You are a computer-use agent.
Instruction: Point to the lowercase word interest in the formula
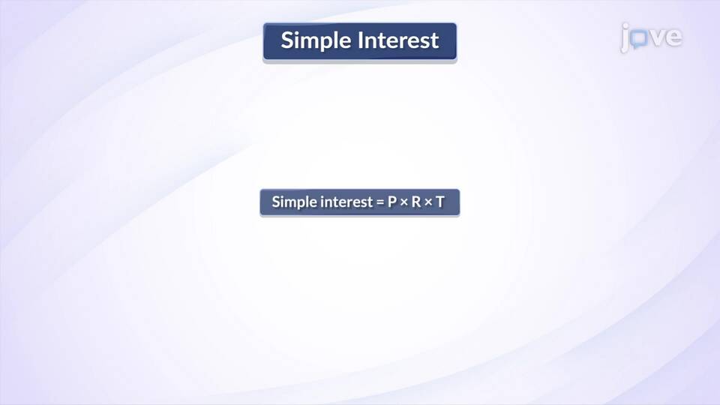346,202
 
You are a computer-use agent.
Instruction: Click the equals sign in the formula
379,202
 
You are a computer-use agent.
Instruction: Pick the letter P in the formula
392,202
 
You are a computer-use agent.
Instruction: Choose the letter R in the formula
416,202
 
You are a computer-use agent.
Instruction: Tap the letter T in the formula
440,202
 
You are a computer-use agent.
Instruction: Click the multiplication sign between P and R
404,202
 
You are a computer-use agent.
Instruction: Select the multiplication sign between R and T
428,202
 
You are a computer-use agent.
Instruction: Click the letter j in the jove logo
625,38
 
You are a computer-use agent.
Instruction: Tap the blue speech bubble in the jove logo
638,39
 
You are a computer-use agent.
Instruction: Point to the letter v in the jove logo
655,37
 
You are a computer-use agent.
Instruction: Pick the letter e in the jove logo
673,37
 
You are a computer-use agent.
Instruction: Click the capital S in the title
287,40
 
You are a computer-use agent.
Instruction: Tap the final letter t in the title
434,40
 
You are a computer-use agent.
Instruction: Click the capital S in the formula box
276,202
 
